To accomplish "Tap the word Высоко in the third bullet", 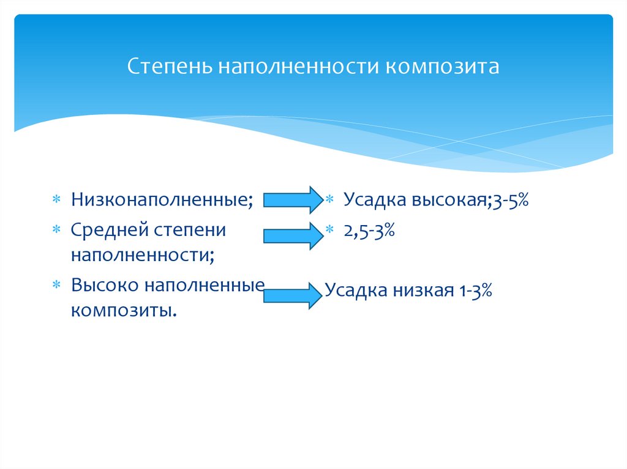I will point(105,286).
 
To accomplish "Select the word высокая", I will point(449,200).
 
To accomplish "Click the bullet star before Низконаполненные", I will point(55,201).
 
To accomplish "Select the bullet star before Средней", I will point(55,231).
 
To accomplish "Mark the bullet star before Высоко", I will point(55,286).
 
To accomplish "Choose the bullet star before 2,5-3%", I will point(329,231).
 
